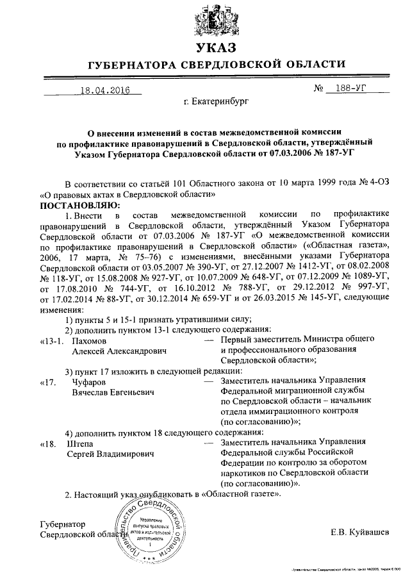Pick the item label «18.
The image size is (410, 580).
point(49,443)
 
